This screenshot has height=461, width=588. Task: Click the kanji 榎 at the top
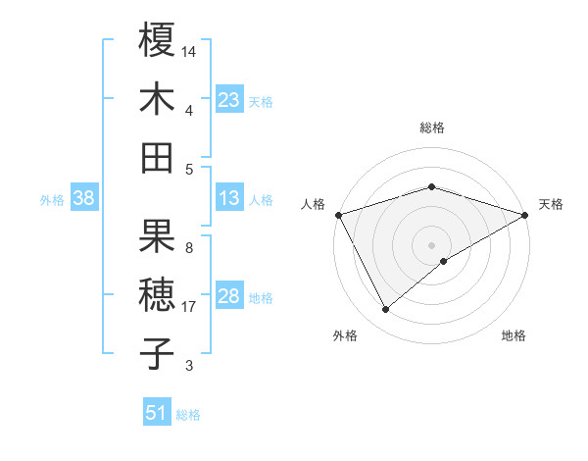click(x=158, y=40)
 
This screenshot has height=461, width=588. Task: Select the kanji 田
click(x=158, y=157)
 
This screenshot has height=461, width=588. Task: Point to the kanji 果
click(x=158, y=235)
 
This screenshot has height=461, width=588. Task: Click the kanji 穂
click(x=158, y=294)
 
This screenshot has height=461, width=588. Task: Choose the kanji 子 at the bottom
click(x=158, y=353)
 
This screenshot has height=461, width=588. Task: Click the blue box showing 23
click(x=229, y=100)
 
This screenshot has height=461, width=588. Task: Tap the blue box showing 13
click(x=229, y=198)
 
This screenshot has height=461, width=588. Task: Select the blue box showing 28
click(x=229, y=296)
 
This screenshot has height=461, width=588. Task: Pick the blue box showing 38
click(x=84, y=198)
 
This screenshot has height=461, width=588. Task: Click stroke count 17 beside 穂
click(x=190, y=307)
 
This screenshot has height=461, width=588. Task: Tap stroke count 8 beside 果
click(x=188, y=247)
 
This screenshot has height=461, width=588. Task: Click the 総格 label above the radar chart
click(x=432, y=128)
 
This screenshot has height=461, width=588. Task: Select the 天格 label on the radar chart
click(x=552, y=204)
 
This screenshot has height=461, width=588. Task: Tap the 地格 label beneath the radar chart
click(x=514, y=336)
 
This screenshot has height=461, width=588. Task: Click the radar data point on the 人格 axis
click(x=338, y=214)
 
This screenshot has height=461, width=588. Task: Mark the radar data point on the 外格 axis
click(x=386, y=310)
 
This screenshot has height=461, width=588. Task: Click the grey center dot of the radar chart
click(x=432, y=244)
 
